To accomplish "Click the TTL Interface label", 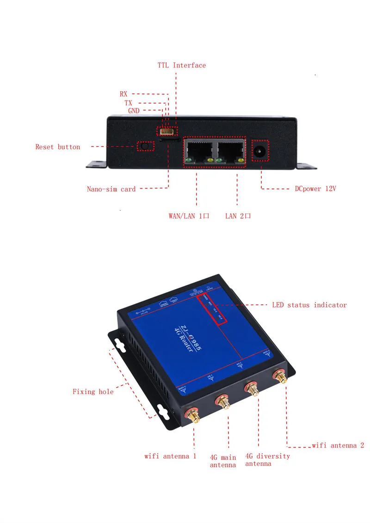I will (182, 65).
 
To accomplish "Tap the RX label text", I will (123, 94).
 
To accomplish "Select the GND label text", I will (134, 111).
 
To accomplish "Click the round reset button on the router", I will (145, 146).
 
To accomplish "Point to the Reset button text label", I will (58, 147).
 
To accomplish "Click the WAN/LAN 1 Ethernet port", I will (198, 149).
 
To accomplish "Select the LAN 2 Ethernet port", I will (230, 149).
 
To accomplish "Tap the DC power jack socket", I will (259, 150).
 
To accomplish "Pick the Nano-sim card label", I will (111, 189).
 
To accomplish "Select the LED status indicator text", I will (309, 305).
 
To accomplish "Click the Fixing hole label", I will (92, 392).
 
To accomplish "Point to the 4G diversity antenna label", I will (267, 460).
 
